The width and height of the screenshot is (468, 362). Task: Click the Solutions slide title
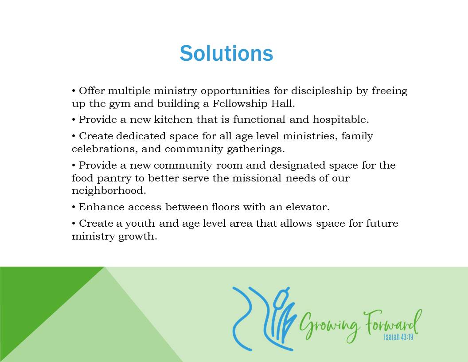coord(226,54)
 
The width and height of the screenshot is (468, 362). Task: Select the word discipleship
coord(322,91)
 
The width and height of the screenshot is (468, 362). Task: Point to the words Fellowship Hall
coord(253,103)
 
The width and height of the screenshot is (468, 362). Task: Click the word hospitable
coord(340,120)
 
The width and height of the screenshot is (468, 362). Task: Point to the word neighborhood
coord(109,191)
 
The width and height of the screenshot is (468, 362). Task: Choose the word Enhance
coord(101,207)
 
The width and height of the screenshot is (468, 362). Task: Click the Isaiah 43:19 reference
coord(398,337)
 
